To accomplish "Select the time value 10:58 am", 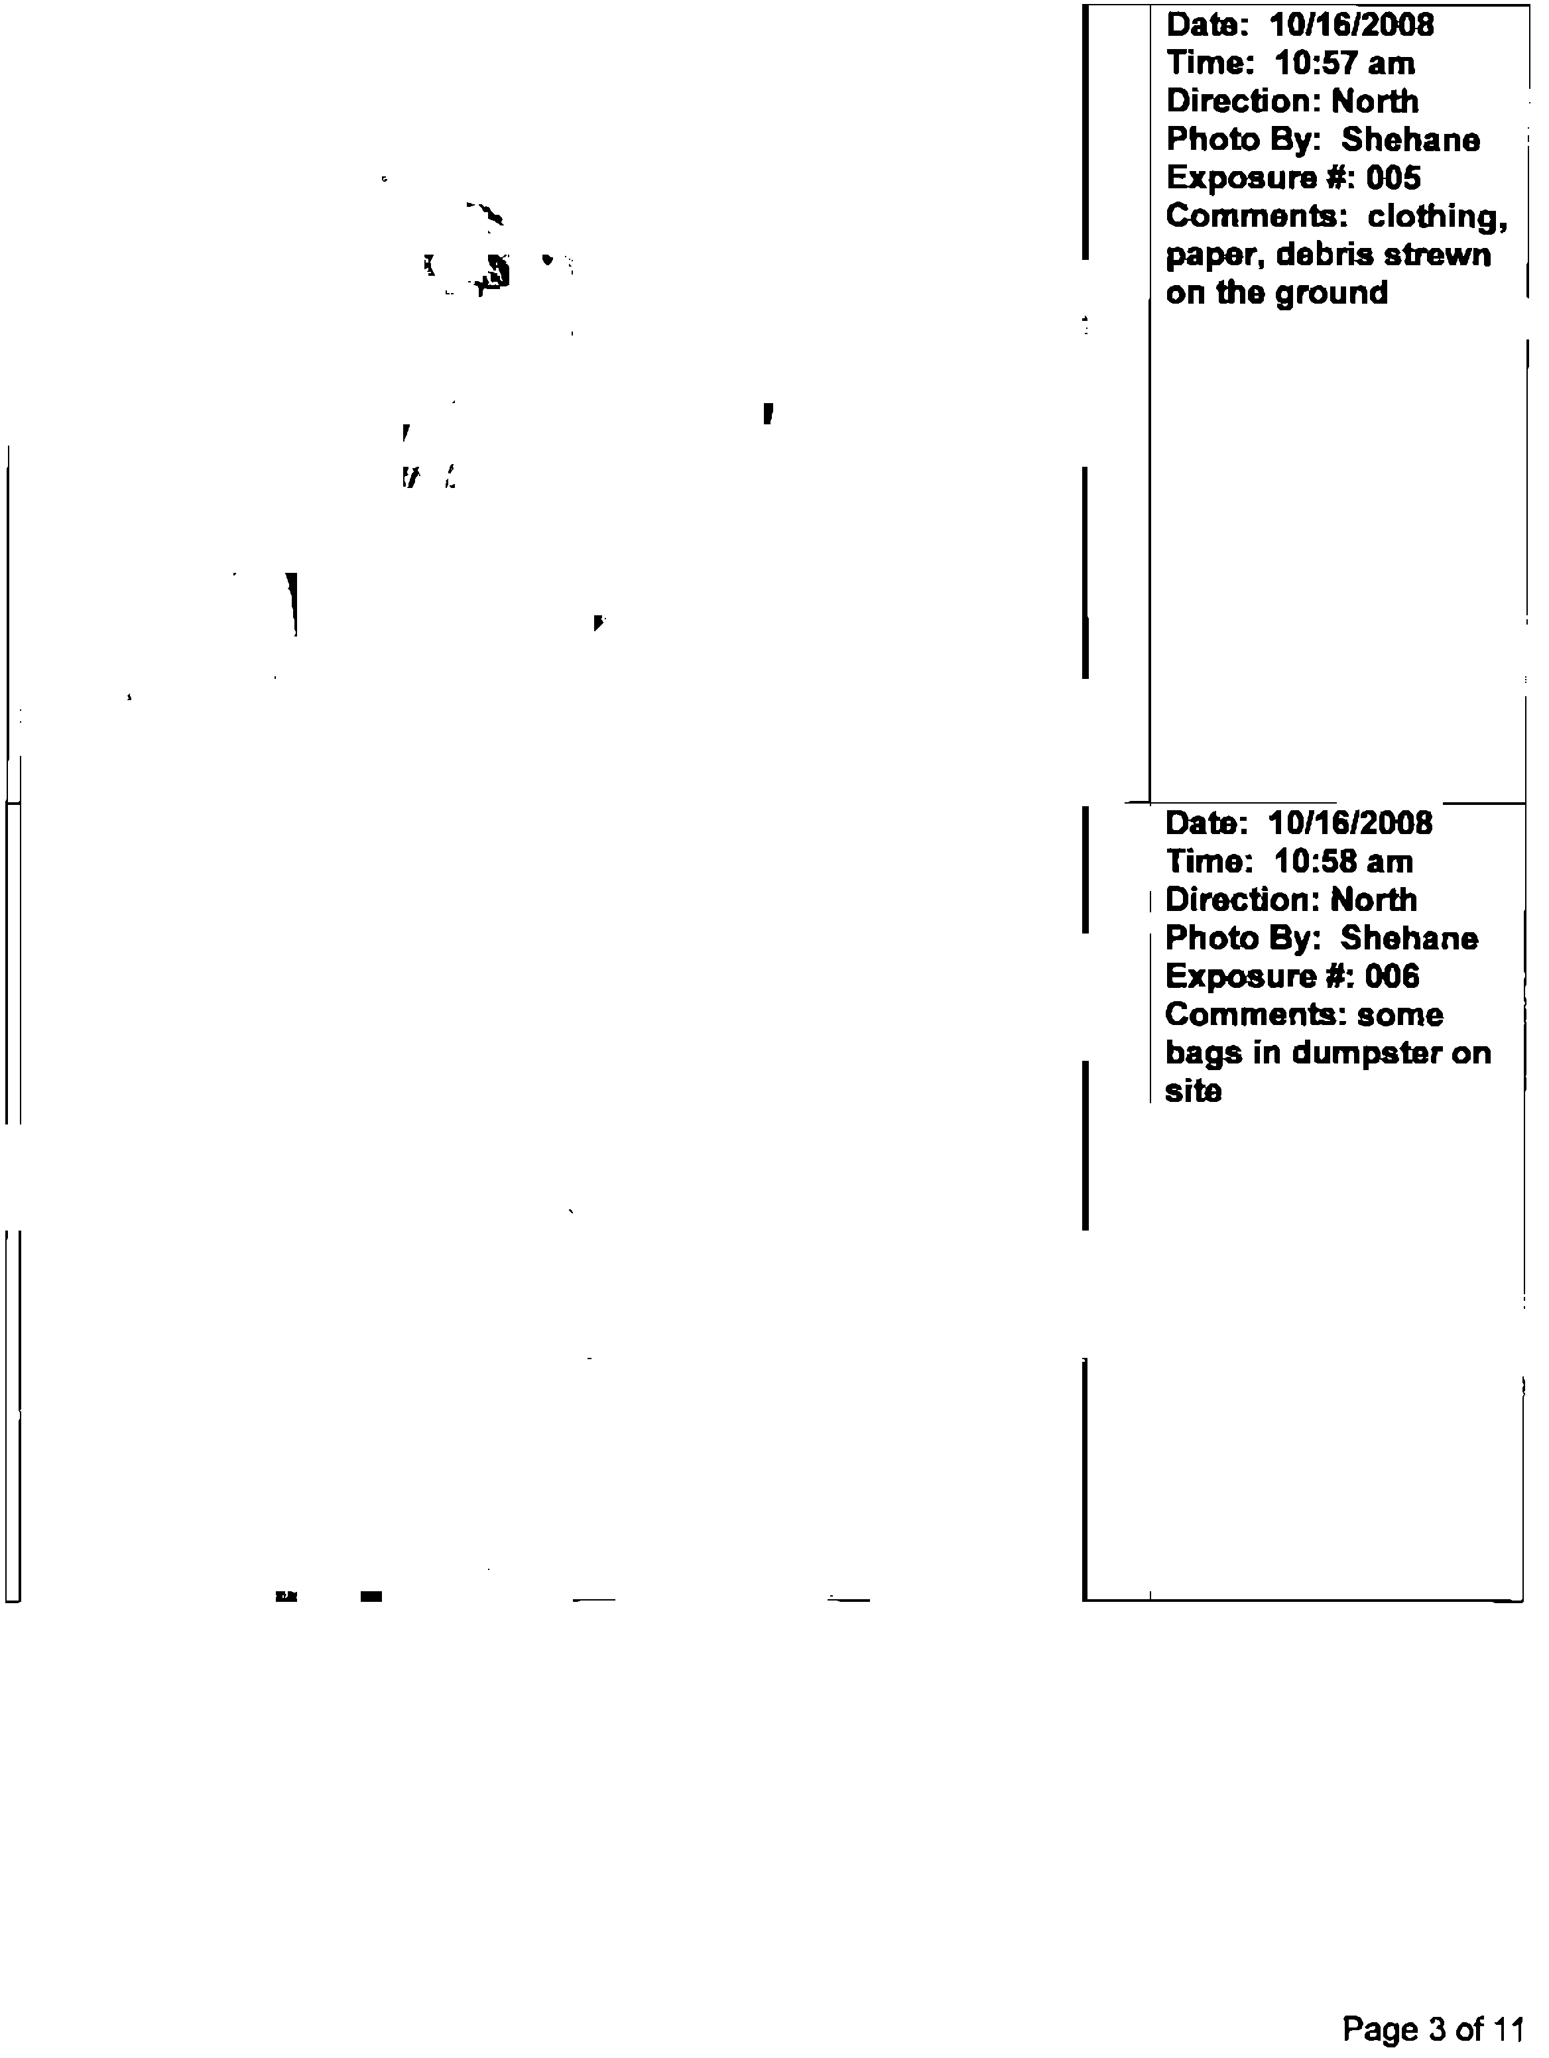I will [1343, 861].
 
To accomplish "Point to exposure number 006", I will [1392, 976].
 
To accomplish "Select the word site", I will [1193, 1091].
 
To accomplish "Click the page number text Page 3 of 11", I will [1434, 2028].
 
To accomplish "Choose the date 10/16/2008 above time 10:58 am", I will [1350, 823].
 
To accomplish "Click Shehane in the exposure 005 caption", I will [1410, 139].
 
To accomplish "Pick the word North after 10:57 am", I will [1375, 101].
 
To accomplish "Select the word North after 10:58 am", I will [1373, 900].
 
